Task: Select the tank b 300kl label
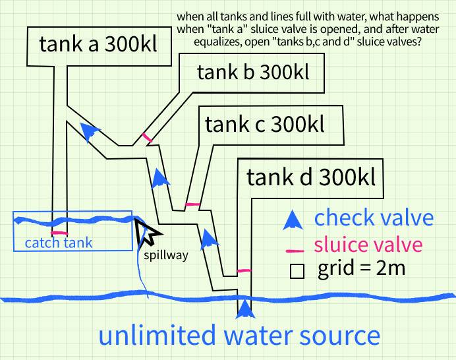tap(252, 72)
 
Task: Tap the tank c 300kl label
tap(265, 124)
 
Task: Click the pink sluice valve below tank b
tap(147, 138)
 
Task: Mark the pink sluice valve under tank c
tap(192, 204)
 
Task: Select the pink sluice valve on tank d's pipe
tap(244, 270)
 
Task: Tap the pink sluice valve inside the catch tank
tap(59, 233)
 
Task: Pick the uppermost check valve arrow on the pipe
tap(90, 131)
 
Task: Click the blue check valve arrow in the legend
tap(290, 220)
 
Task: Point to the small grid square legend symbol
tap(297, 272)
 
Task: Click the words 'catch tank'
tap(59, 243)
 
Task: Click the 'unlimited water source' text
tap(239, 336)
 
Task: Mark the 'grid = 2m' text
tap(361, 269)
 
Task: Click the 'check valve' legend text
tap(374, 218)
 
